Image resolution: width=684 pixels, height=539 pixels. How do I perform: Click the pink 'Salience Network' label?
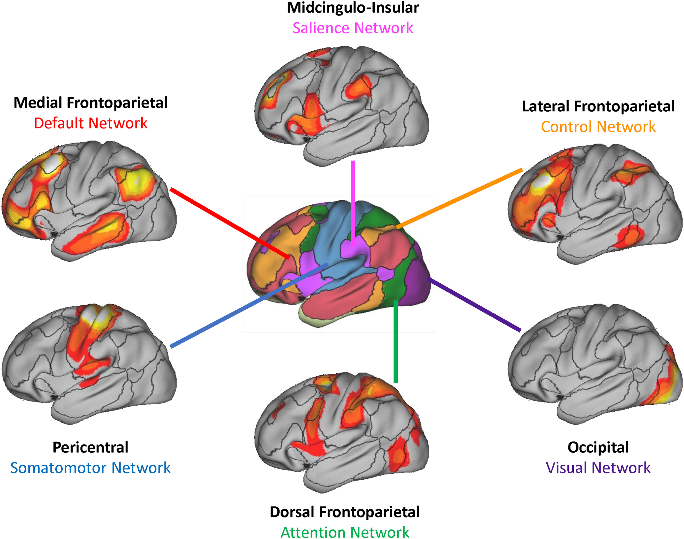click(x=353, y=28)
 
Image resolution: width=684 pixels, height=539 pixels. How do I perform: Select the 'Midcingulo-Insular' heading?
click(x=353, y=8)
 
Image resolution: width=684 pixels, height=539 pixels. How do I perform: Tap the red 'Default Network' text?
click(x=91, y=123)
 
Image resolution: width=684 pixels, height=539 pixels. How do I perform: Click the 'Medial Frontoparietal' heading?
click(x=91, y=103)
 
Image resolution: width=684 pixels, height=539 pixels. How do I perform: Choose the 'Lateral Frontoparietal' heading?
click(x=598, y=106)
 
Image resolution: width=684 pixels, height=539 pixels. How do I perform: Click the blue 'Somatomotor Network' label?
click(x=90, y=468)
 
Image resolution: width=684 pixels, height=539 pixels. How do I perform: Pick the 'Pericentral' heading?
click(x=90, y=447)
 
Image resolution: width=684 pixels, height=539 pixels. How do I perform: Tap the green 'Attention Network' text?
click(x=345, y=532)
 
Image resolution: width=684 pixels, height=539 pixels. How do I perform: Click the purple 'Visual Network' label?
click(x=598, y=468)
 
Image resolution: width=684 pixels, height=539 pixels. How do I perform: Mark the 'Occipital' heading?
click(x=598, y=447)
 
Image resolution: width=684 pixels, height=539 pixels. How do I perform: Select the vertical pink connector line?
click(x=353, y=202)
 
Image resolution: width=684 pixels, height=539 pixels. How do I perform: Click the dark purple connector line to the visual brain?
click(x=474, y=305)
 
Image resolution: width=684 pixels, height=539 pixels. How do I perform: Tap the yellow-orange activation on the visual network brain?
click(x=666, y=388)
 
